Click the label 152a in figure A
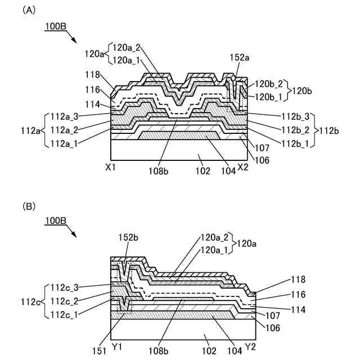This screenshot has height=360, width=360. (x=239, y=57)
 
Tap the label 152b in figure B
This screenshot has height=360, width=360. (x=128, y=237)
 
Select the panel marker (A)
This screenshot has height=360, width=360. (x=29, y=10)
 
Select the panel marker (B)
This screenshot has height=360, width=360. (x=29, y=207)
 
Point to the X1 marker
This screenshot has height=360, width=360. (x=111, y=167)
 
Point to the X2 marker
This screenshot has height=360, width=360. (x=243, y=167)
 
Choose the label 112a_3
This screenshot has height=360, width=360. (x=65, y=116)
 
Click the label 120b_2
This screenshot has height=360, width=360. (x=269, y=83)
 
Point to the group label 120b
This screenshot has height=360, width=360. (x=303, y=89)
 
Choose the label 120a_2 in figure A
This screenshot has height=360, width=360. (x=127, y=48)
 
